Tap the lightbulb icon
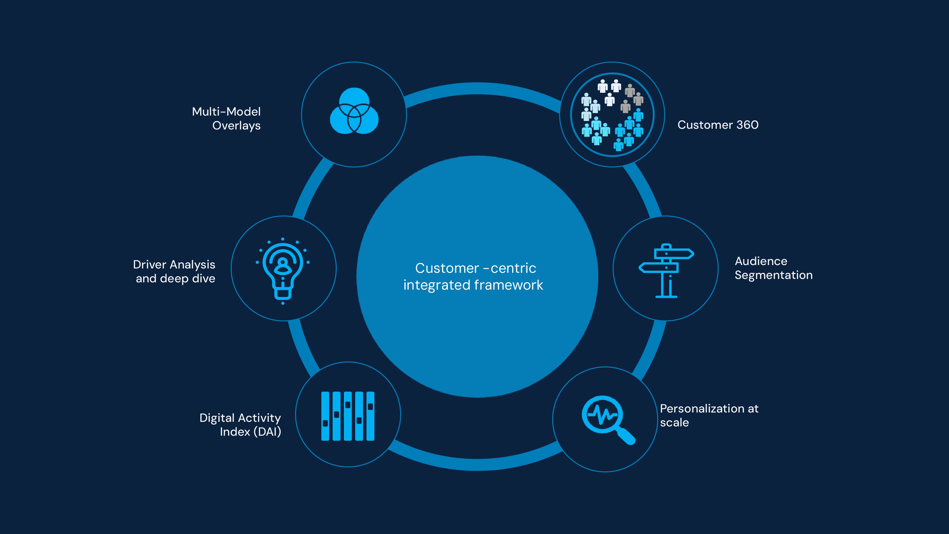coord(283,271)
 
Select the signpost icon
coord(666,271)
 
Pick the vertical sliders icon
coord(348,416)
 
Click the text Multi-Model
coord(226,111)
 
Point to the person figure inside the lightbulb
coord(283,266)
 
